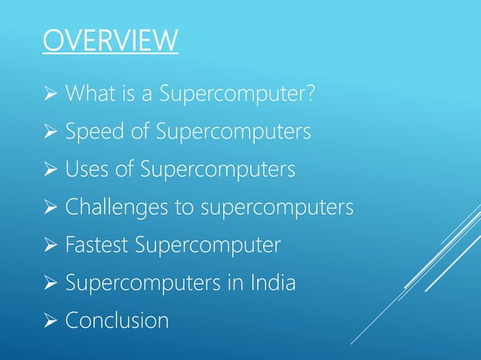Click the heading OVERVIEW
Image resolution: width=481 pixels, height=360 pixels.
(110, 41)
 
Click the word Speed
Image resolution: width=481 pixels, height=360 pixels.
(90, 133)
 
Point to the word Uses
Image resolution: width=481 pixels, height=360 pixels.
(85, 170)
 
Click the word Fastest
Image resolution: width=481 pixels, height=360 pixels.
(97, 246)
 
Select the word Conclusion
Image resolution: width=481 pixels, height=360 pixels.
(117, 321)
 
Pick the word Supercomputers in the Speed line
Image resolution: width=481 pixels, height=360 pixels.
(234, 133)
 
